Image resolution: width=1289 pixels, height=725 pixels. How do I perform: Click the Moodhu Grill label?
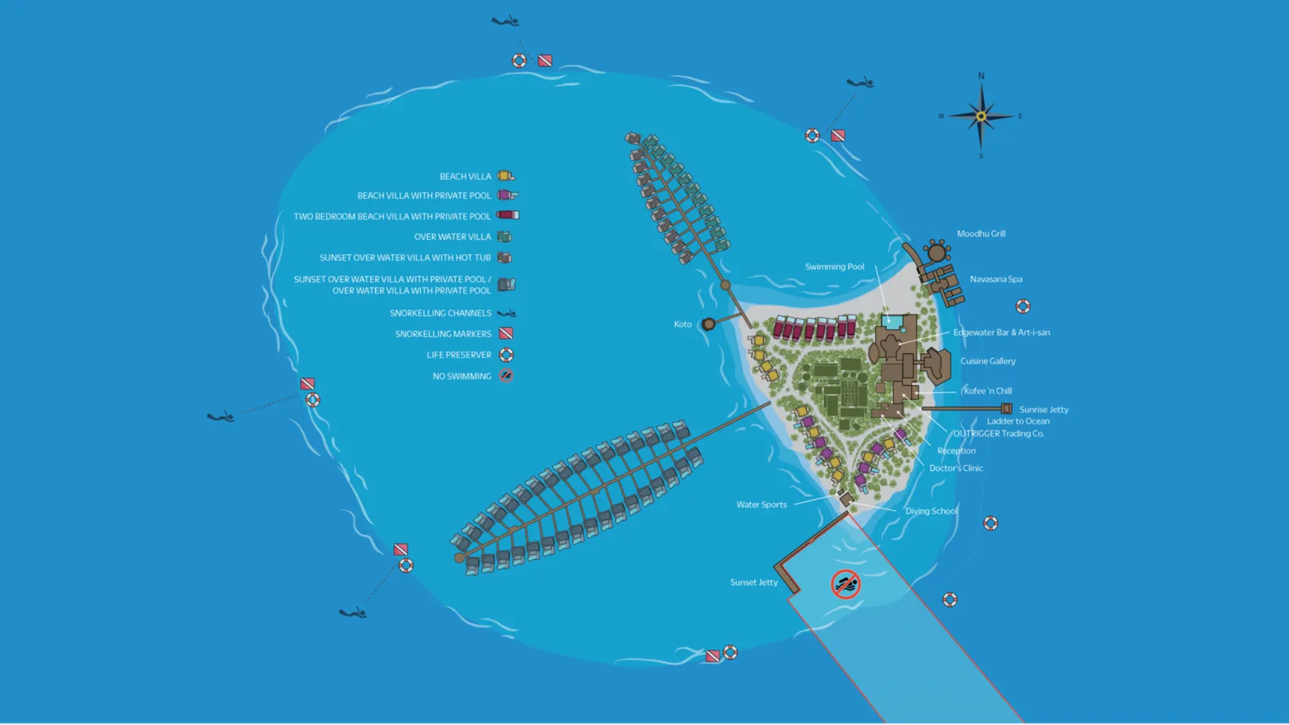[981, 234]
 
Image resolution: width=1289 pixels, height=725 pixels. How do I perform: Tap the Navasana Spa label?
[996, 279]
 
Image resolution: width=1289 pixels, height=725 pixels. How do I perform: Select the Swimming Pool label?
[834, 267]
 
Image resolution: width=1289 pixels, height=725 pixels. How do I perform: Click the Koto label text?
[682, 324]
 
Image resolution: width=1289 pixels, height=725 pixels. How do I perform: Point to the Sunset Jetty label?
[753, 582]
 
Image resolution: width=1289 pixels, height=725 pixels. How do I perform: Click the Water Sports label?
[761, 505]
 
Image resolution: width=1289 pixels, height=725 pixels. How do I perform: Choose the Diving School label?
[931, 511]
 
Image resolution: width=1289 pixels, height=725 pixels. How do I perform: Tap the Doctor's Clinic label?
[956, 468]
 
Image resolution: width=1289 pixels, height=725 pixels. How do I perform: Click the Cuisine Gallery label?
[987, 361]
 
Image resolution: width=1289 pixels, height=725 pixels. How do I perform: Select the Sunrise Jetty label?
[1043, 410]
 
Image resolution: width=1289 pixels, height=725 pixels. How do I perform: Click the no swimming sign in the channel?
[845, 585]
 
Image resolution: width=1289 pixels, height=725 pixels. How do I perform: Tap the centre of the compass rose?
[981, 117]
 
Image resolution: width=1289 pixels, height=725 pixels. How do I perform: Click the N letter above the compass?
[981, 76]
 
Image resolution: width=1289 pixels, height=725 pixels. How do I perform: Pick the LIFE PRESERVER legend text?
[459, 355]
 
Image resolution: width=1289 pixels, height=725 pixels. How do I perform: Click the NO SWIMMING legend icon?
[507, 376]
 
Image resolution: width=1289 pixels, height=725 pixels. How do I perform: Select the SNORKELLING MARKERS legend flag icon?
[507, 333]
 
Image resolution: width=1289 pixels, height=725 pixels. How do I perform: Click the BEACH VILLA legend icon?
[506, 176]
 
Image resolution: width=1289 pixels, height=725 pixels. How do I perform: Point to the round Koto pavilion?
[708, 324]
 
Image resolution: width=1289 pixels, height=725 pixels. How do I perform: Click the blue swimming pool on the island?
[892, 322]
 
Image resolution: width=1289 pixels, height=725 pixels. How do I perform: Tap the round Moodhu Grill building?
[936, 253]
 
